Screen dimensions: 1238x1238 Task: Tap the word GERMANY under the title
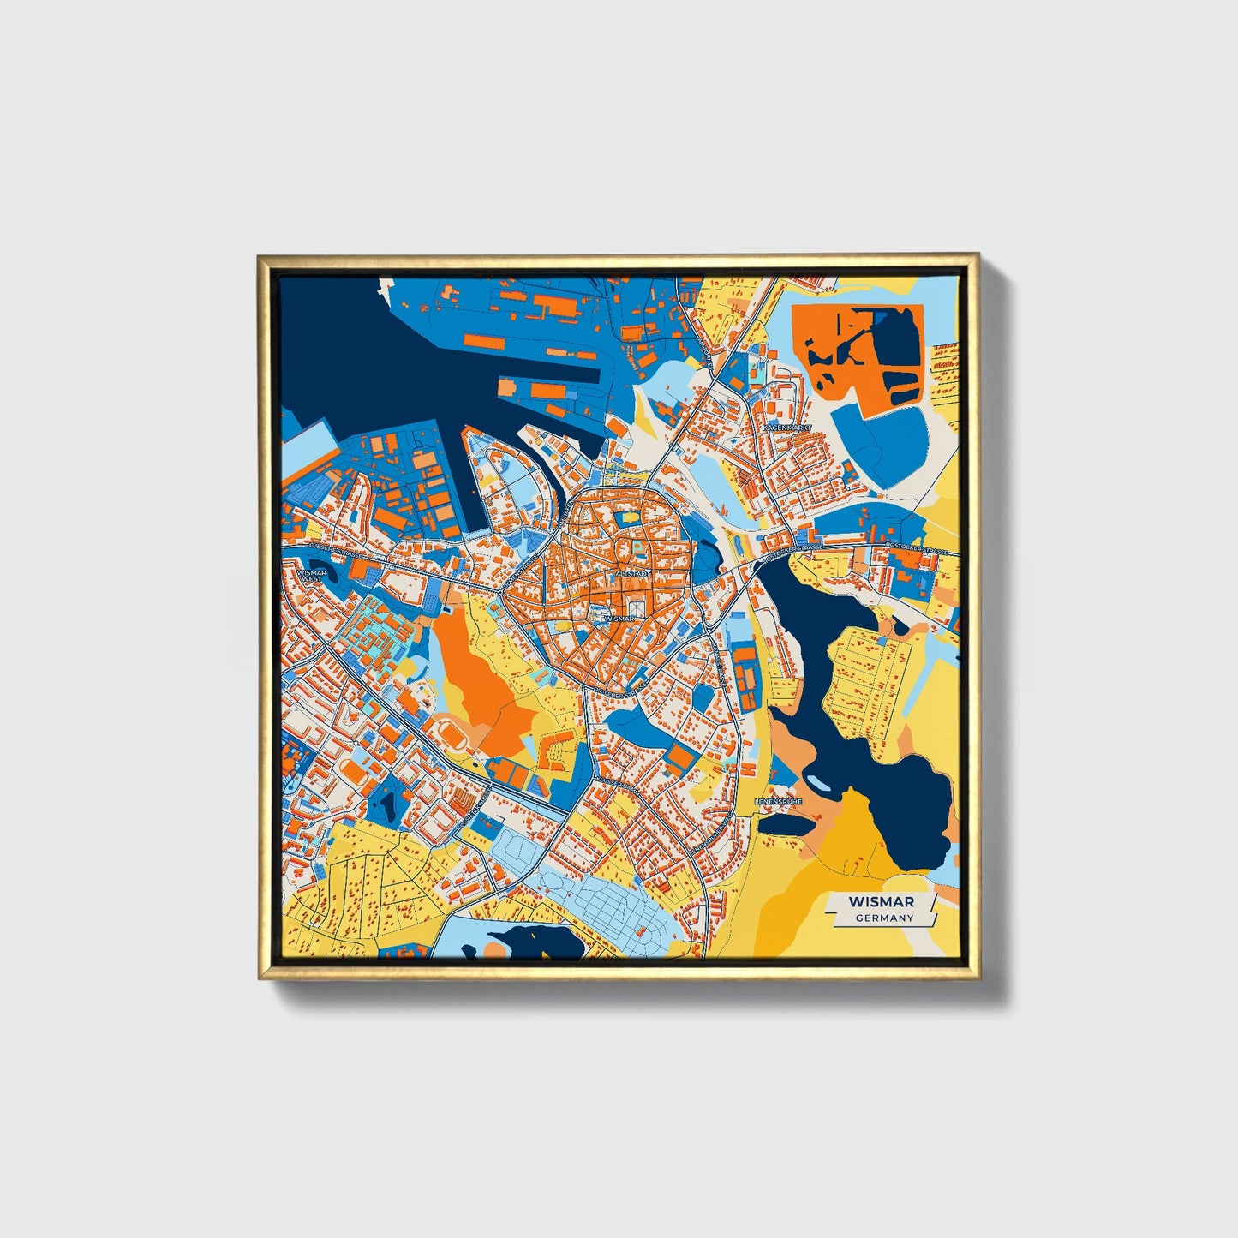[x=884, y=918]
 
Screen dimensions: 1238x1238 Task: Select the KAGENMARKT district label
[x=786, y=427]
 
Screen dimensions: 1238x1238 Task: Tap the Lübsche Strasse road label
[x=333, y=549]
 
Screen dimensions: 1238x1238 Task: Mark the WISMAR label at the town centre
[x=619, y=618]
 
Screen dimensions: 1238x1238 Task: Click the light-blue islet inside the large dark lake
[x=817, y=782]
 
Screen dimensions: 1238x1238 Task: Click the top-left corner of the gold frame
[x=260, y=257]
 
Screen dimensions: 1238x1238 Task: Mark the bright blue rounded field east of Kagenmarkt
[x=882, y=446]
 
